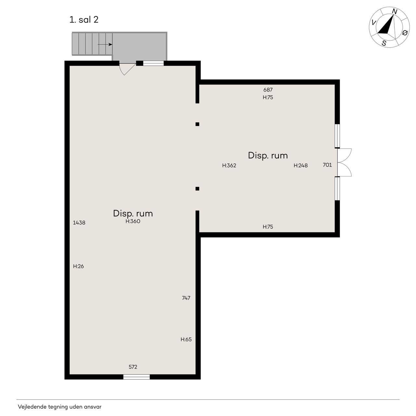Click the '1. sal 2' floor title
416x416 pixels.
[x=84, y=19]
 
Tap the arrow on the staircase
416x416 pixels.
[x=105, y=45]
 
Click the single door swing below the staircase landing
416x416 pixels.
[x=127, y=69]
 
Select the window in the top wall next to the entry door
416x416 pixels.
[x=153, y=63]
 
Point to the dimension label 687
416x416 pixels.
[x=268, y=90]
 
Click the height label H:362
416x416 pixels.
[x=229, y=165]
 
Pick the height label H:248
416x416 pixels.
[x=301, y=165]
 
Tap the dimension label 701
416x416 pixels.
[x=327, y=165]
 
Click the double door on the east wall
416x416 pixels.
[x=344, y=162]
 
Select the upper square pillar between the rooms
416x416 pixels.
[x=197, y=124]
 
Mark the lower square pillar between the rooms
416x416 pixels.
[x=197, y=189]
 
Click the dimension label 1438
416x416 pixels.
[x=79, y=223]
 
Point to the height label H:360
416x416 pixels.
[x=133, y=221]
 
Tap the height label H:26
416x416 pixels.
[x=78, y=266]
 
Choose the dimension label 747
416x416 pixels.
[x=186, y=298]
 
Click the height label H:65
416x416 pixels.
[x=186, y=339]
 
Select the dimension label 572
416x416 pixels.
[x=133, y=367]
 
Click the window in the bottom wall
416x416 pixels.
[x=136, y=377]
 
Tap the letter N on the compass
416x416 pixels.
[x=395, y=12]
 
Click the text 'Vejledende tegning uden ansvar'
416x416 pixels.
[x=59, y=407]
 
